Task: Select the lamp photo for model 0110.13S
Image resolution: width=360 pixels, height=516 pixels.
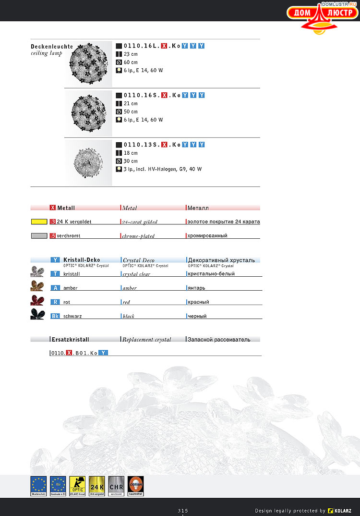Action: click(88, 162)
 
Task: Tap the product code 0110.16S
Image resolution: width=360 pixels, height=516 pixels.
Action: click(142, 95)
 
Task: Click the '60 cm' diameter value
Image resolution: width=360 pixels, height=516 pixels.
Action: click(131, 62)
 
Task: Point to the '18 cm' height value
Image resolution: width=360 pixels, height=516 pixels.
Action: click(131, 153)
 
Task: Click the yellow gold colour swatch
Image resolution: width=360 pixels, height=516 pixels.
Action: click(39, 222)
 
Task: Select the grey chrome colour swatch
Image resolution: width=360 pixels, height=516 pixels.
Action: click(39, 236)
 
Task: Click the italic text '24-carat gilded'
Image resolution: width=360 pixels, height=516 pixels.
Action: click(140, 222)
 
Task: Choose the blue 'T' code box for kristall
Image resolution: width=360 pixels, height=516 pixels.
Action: click(55, 274)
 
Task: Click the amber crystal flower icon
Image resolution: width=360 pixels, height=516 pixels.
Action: click(37, 286)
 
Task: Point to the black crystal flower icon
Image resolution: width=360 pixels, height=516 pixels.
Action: click(37, 315)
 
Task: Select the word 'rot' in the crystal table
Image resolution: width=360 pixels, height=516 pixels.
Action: click(67, 302)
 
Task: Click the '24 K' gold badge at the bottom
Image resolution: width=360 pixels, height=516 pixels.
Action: click(97, 486)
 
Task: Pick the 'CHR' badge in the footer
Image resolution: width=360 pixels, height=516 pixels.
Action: click(116, 486)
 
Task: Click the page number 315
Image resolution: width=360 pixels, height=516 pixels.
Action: click(183, 510)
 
